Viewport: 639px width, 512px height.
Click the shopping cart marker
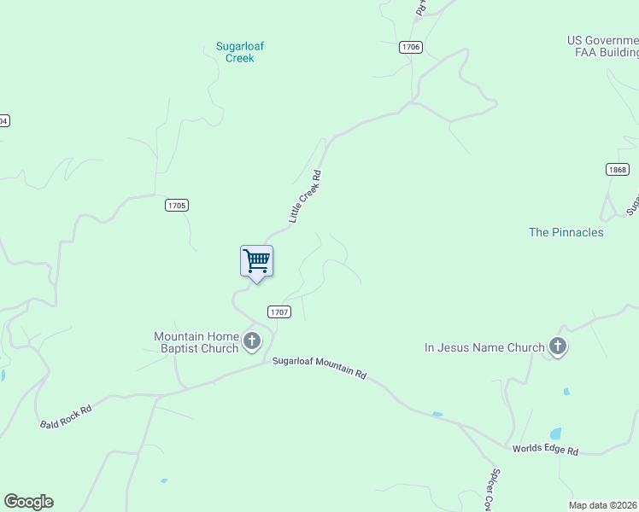(256, 262)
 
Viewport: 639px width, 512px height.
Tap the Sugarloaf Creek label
(239, 52)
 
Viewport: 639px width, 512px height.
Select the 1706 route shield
(410, 47)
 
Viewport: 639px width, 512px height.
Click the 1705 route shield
(177, 206)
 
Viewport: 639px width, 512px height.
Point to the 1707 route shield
(279, 312)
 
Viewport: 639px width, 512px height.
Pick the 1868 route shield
(618, 170)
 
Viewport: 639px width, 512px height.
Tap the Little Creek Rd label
(305, 197)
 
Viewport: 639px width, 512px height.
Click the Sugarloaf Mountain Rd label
(319, 368)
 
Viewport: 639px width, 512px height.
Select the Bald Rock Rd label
(66, 416)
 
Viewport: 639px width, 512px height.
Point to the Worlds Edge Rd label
(545, 450)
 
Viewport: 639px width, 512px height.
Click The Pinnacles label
(566, 232)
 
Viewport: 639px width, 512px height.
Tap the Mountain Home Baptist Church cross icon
(252, 342)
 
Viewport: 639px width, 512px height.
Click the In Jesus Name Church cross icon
(558, 346)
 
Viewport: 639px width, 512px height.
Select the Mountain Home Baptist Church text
(196, 342)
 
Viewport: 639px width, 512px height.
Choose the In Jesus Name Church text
(484, 347)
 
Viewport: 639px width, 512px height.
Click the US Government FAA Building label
(603, 46)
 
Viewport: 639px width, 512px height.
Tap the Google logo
(28, 502)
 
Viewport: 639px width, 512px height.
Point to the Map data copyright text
(603, 505)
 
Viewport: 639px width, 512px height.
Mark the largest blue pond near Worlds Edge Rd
(555, 434)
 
